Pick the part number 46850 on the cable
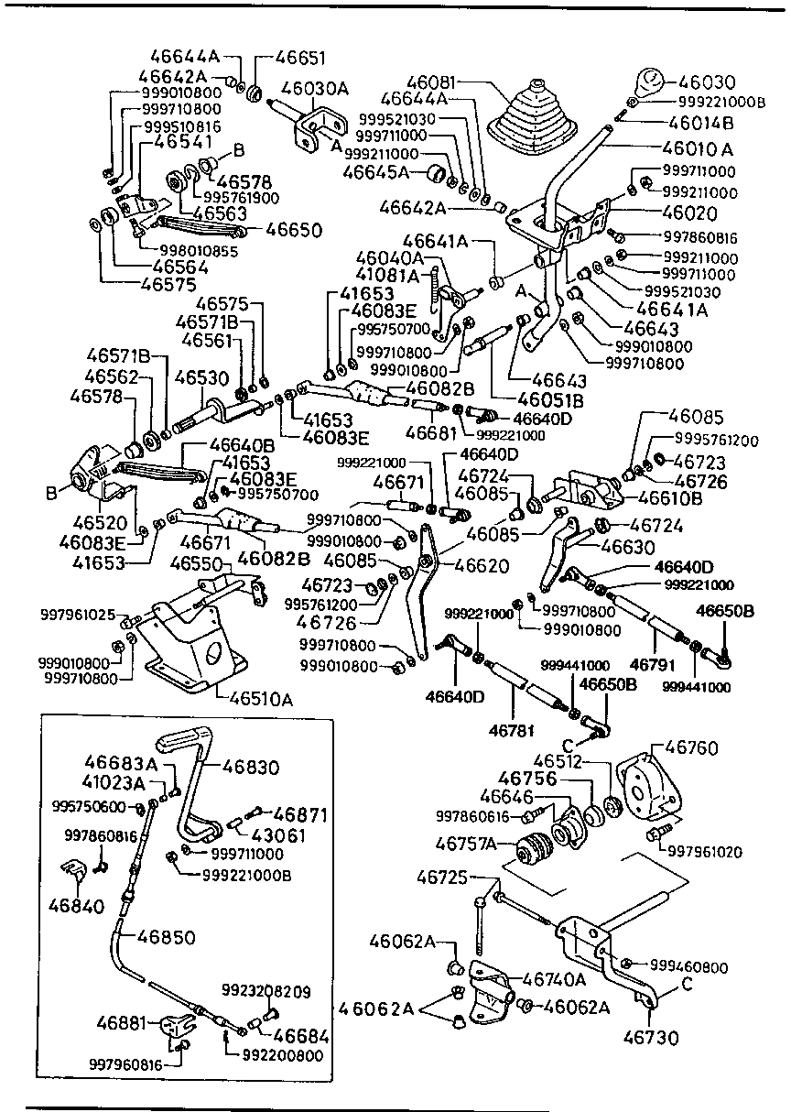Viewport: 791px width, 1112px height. [x=166, y=936]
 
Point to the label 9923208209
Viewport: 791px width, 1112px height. [x=266, y=991]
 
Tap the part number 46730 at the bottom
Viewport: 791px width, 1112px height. [x=651, y=1038]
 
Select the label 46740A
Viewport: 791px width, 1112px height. [x=554, y=979]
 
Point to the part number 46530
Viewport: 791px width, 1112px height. [x=201, y=377]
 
